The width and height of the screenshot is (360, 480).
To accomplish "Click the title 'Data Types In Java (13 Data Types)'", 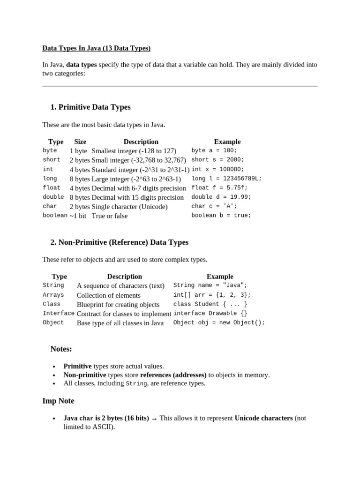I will (x=96, y=48).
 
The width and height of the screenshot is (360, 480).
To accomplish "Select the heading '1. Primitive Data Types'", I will (x=90, y=107).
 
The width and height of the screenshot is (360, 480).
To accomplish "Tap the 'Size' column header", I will (x=80, y=142).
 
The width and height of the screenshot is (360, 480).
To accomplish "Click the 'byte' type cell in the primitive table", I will (x=50, y=150).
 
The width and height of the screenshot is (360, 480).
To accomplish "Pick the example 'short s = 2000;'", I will (x=218, y=160).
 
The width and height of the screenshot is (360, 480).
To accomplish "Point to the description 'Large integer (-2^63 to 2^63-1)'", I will (x=136, y=179).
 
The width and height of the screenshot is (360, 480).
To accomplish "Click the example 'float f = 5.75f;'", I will (x=219, y=187).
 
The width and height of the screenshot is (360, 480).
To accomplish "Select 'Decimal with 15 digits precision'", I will (x=138, y=197).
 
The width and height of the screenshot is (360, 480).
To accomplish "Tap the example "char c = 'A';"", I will (x=214, y=206).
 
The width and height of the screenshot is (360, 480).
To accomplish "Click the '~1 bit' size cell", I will (x=78, y=216).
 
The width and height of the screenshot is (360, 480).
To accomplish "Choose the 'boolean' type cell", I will (x=55, y=216).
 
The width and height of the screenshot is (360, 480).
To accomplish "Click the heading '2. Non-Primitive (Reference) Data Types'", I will (x=119, y=242).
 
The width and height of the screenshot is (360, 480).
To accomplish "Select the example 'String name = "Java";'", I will (x=210, y=285).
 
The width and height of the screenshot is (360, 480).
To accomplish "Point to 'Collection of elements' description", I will (x=109, y=295).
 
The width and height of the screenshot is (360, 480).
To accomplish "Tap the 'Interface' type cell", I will (x=59, y=314).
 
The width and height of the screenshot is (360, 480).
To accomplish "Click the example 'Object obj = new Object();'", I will (x=219, y=322).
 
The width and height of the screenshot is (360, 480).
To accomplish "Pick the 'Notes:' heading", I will (x=61, y=349).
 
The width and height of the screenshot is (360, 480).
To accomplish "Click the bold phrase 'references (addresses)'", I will (x=173, y=375).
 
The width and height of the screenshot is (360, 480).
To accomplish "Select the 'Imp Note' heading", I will (x=58, y=401).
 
